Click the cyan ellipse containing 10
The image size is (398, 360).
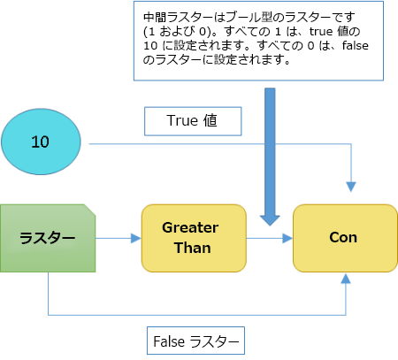point(41,141)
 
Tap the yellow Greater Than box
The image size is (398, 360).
point(193,237)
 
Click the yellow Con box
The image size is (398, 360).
point(342,237)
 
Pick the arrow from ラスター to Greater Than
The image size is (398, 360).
point(119,237)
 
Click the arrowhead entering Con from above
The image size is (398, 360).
point(351,187)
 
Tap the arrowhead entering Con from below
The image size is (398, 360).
point(346,278)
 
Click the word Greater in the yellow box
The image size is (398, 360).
point(190,227)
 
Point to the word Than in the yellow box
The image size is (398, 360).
point(190,247)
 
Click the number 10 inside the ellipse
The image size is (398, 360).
point(41,141)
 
